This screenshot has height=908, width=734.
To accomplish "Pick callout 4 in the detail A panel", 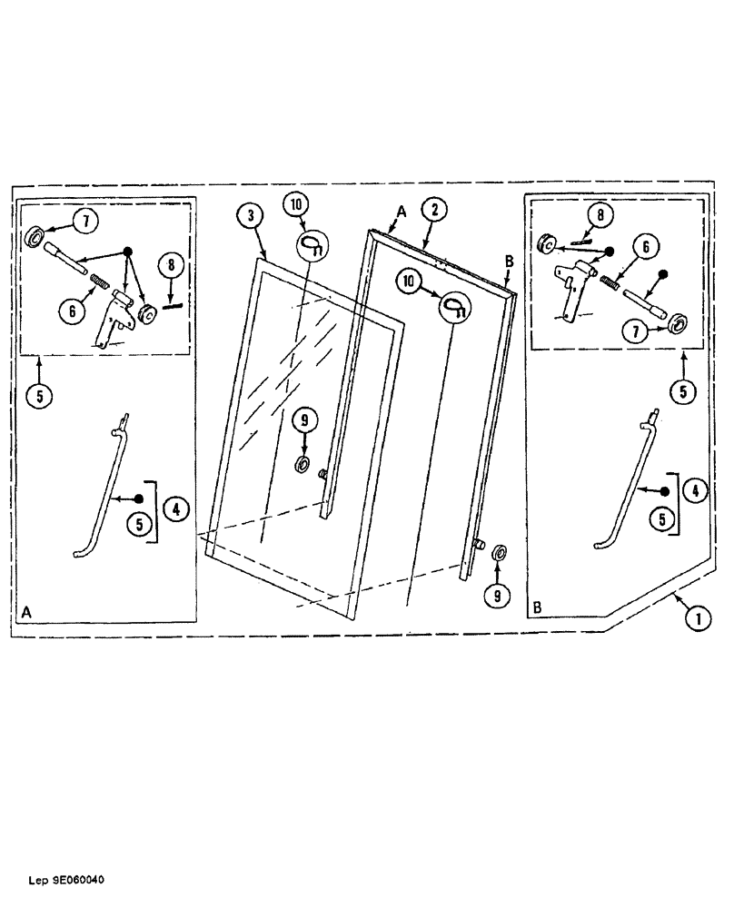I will pos(175,510).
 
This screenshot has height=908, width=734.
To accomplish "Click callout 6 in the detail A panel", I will pos(69,309).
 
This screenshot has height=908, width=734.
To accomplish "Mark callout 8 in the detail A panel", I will pos(171,267).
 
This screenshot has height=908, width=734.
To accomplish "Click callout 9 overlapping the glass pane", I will pos(306,419).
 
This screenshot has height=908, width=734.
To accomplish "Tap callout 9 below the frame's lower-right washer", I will pos(497,595).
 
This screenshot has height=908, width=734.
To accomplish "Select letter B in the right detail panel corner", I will pos(538,603).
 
